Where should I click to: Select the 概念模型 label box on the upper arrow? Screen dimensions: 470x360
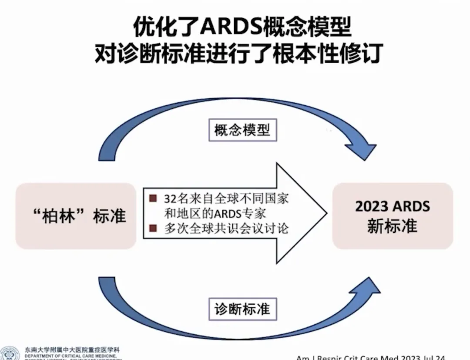click(x=242, y=129)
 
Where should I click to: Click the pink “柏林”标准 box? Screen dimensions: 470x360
click(x=76, y=216)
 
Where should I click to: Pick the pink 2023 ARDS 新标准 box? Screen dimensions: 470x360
click(x=392, y=216)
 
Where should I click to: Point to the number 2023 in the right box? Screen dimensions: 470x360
click(x=371, y=206)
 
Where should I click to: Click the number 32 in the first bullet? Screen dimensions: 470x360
click(x=169, y=199)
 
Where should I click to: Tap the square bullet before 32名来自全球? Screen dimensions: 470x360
click(x=153, y=199)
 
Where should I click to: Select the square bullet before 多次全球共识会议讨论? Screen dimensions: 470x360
click(x=153, y=227)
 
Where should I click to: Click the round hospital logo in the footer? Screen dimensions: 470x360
click(x=10, y=353)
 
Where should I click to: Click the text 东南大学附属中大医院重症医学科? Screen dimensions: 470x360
click(x=72, y=350)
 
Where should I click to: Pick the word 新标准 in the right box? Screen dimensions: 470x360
click(x=392, y=226)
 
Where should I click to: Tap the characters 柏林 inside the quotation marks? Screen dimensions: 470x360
click(x=65, y=216)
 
